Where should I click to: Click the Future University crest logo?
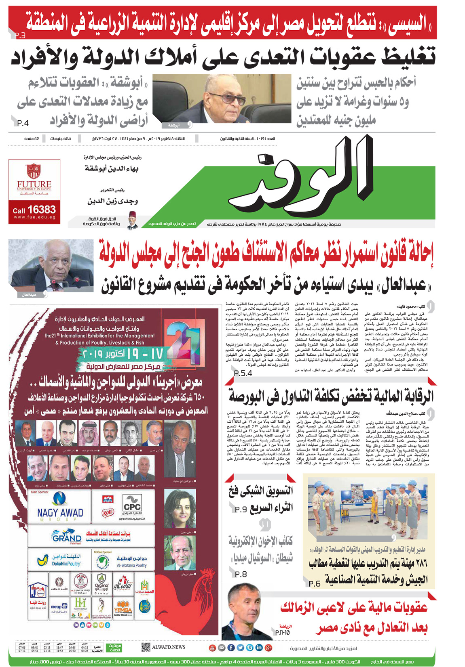[x=34, y=171]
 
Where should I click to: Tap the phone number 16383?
[x=42, y=210]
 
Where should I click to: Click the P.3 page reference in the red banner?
[x=20, y=36]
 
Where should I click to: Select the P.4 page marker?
[x=23, y=123]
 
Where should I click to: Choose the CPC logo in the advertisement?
[x=132, y=505]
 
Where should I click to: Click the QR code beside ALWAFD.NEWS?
[x=146, y=647]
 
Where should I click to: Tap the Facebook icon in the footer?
[x=231, y=648]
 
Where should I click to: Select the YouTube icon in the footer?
[x=212, y=648]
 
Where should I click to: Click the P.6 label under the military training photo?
[x=314, y=583]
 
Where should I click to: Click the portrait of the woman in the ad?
[x=180, y=509]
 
